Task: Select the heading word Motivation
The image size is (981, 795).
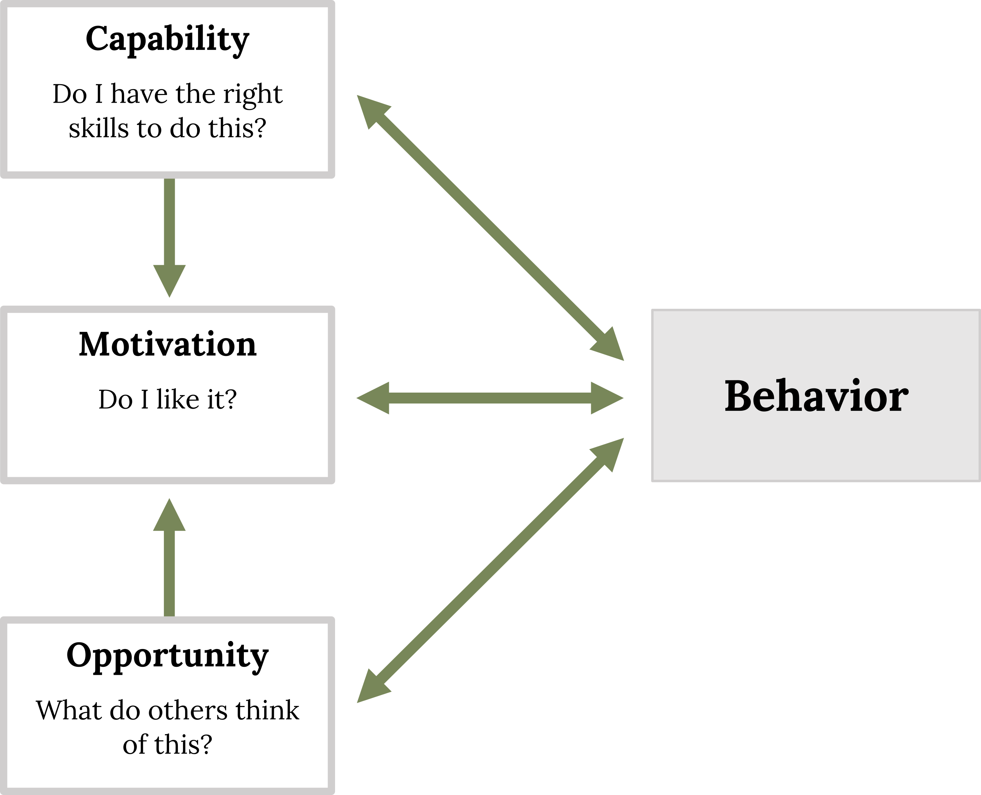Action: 168,344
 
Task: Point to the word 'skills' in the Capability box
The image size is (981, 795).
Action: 99,128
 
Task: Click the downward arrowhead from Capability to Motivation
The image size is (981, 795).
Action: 169,281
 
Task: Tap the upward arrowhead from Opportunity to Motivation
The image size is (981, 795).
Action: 169,514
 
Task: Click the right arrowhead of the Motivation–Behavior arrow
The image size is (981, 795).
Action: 607,398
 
